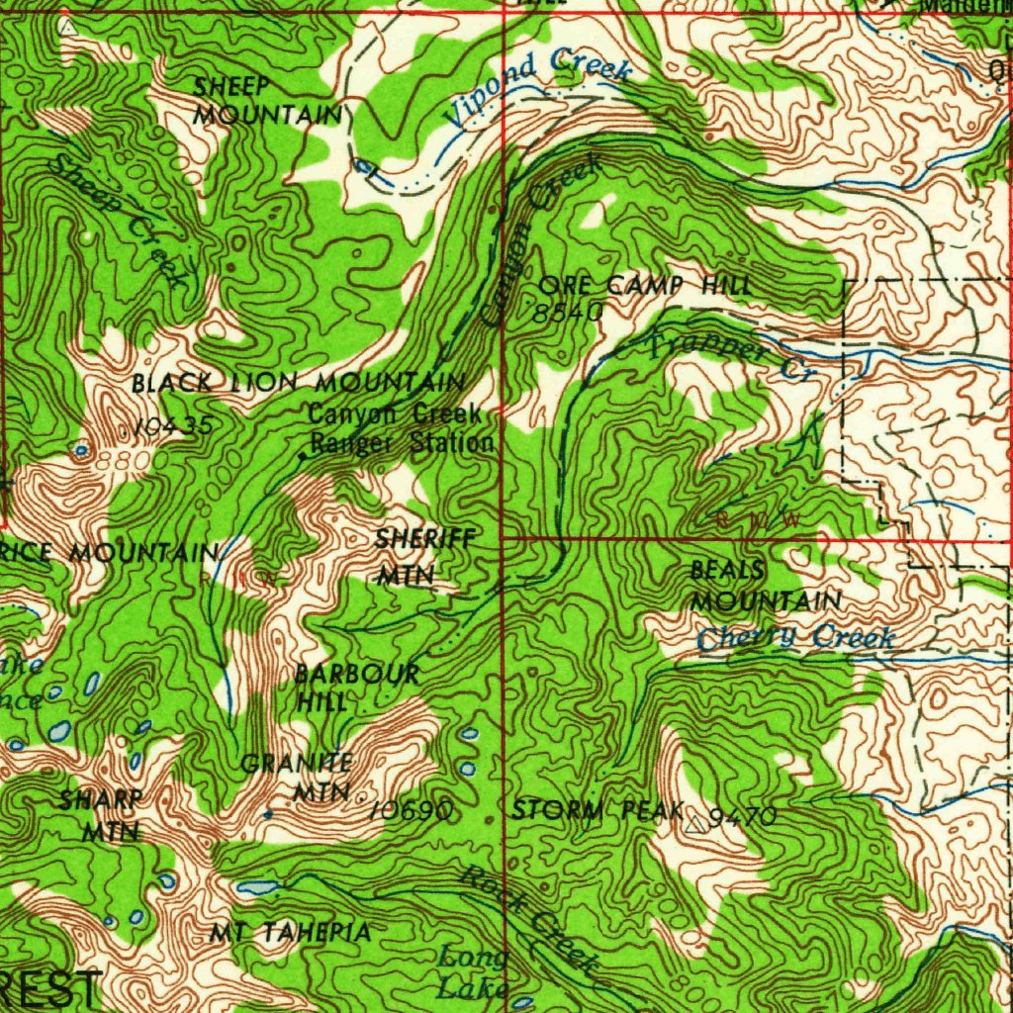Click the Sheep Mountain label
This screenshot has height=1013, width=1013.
point(265,101)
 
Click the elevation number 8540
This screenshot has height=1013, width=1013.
point(567,313)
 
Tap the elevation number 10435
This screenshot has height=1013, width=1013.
point(174,426)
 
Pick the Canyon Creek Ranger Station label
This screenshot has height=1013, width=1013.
point(400,429)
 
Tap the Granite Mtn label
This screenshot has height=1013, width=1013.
point(298,778)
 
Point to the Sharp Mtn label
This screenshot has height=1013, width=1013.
point(99,815)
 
